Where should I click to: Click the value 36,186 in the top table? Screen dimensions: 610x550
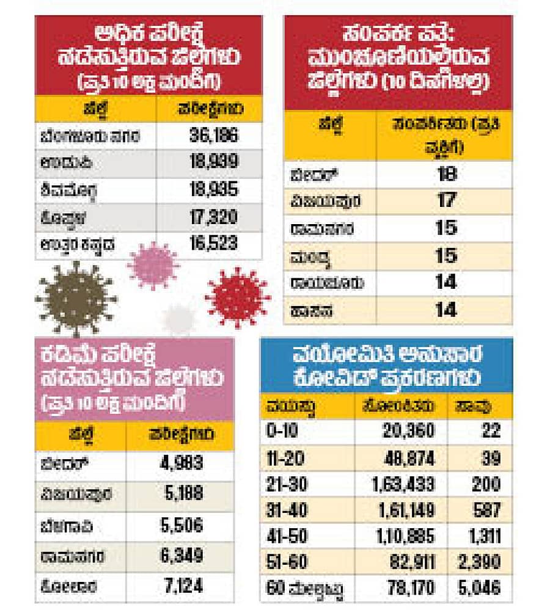coord(214,136)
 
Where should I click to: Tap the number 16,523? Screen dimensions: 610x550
coord(214,244)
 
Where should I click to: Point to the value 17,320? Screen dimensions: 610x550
coord(214,217)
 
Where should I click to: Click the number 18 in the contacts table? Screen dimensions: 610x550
coord(447,174)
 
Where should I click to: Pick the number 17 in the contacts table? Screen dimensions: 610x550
coord(447,200)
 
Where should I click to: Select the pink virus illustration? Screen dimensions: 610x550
coord(153,265)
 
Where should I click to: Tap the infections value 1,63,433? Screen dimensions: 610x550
coord(403,484)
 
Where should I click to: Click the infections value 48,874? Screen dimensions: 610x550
coord(411,457)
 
